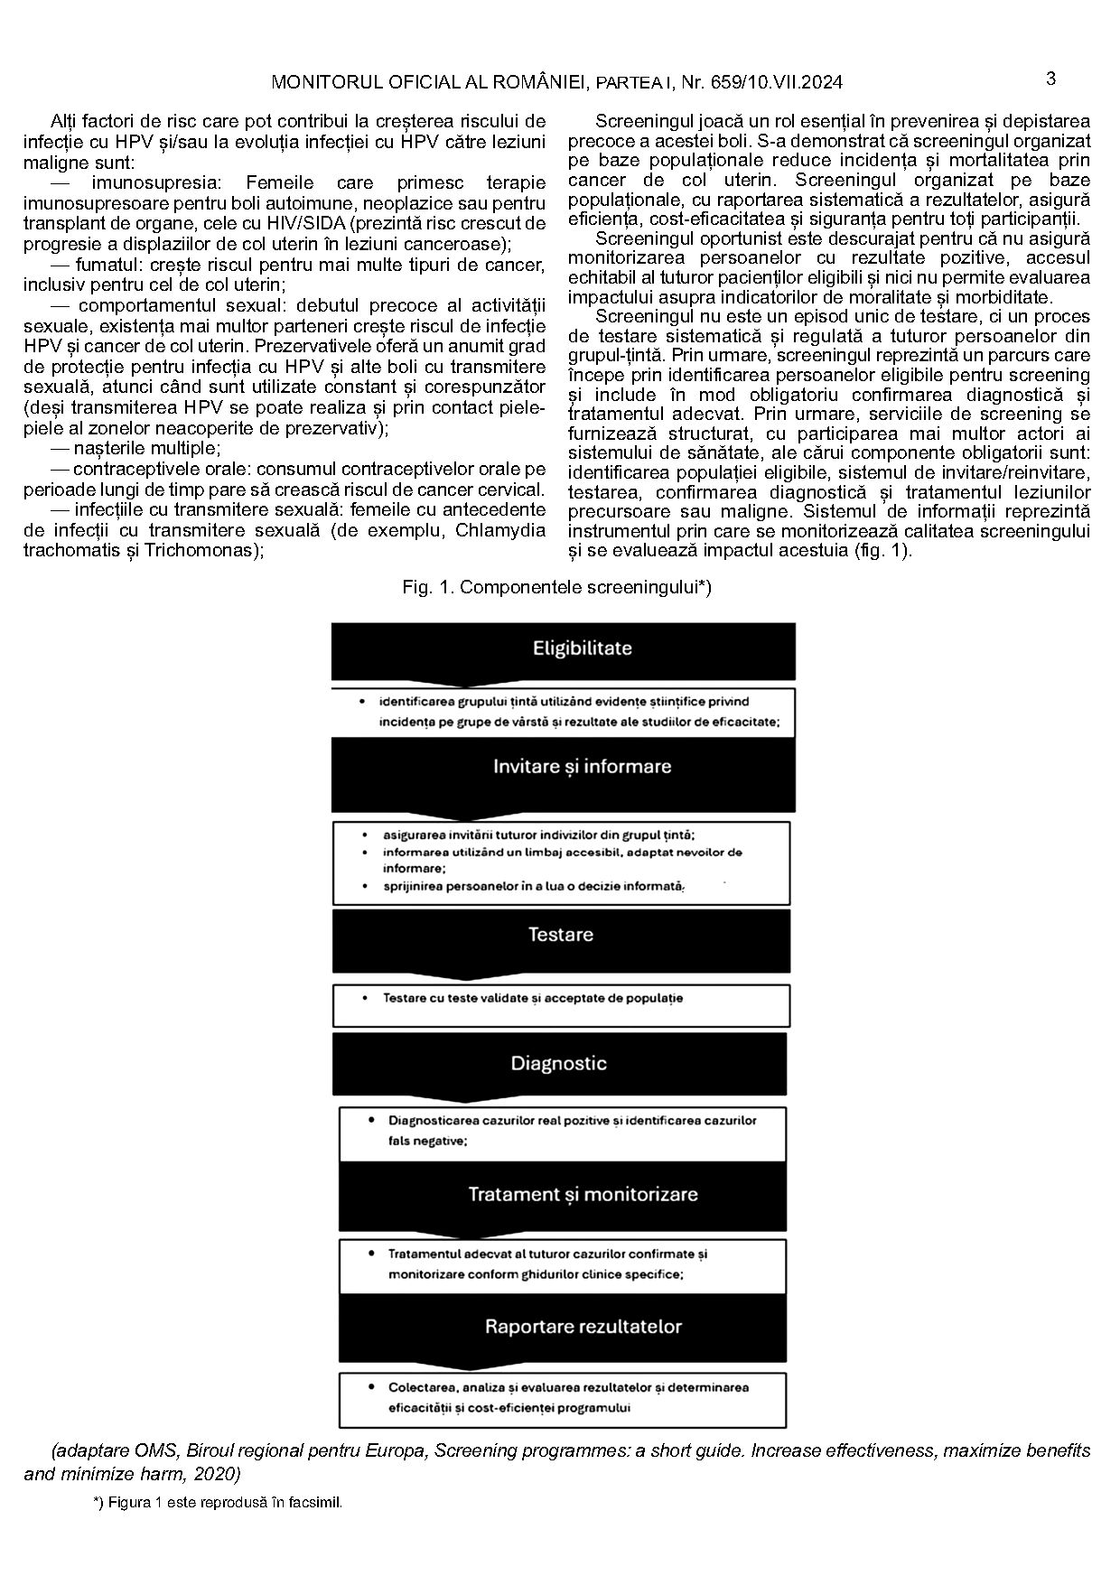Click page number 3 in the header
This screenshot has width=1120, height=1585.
click(1050, 79)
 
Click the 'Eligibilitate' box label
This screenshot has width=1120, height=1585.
click(582, 648)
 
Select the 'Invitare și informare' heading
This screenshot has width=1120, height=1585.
click(582, 767)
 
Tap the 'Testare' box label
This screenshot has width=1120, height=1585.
click(560, 935)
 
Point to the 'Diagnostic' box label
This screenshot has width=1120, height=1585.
click(558, 1063)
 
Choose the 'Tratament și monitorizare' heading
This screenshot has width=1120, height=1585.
click(583, 1194)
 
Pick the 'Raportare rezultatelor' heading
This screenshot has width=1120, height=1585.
click(583, 1327)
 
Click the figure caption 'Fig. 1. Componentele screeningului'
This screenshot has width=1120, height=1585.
click(556, 587)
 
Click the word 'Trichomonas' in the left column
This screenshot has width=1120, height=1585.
click(201, 550)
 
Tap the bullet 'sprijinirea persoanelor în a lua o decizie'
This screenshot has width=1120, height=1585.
click(533, 887)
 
